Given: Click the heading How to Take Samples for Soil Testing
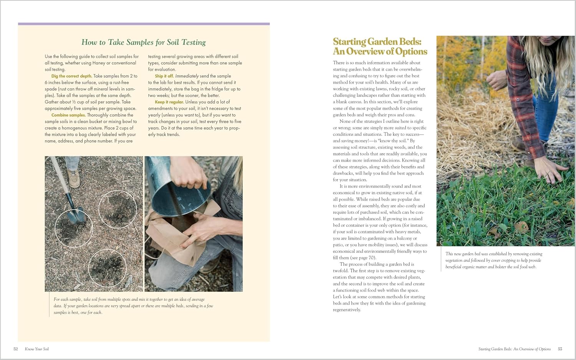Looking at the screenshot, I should (144, 42).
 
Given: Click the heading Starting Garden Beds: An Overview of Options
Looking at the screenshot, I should (380, 46).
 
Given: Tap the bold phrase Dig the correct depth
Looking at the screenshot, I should (72, 76).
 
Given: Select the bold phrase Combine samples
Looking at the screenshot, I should (68, 115).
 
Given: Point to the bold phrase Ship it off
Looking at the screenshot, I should (164, 76).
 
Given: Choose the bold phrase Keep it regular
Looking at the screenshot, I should (169, 102).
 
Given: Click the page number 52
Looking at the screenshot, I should (16, 349).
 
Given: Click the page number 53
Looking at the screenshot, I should (560, 349).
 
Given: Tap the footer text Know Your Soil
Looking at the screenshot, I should (37, 349).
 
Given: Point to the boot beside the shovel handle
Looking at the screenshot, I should (73, 177).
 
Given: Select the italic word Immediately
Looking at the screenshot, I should (187, 76).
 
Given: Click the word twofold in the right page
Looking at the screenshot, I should (341, 271).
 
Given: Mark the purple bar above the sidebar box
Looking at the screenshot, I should (144, 24).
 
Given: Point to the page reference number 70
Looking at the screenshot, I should (372, 258).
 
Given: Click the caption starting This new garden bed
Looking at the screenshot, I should (494, 260).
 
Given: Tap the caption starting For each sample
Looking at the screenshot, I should (133, 306).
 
